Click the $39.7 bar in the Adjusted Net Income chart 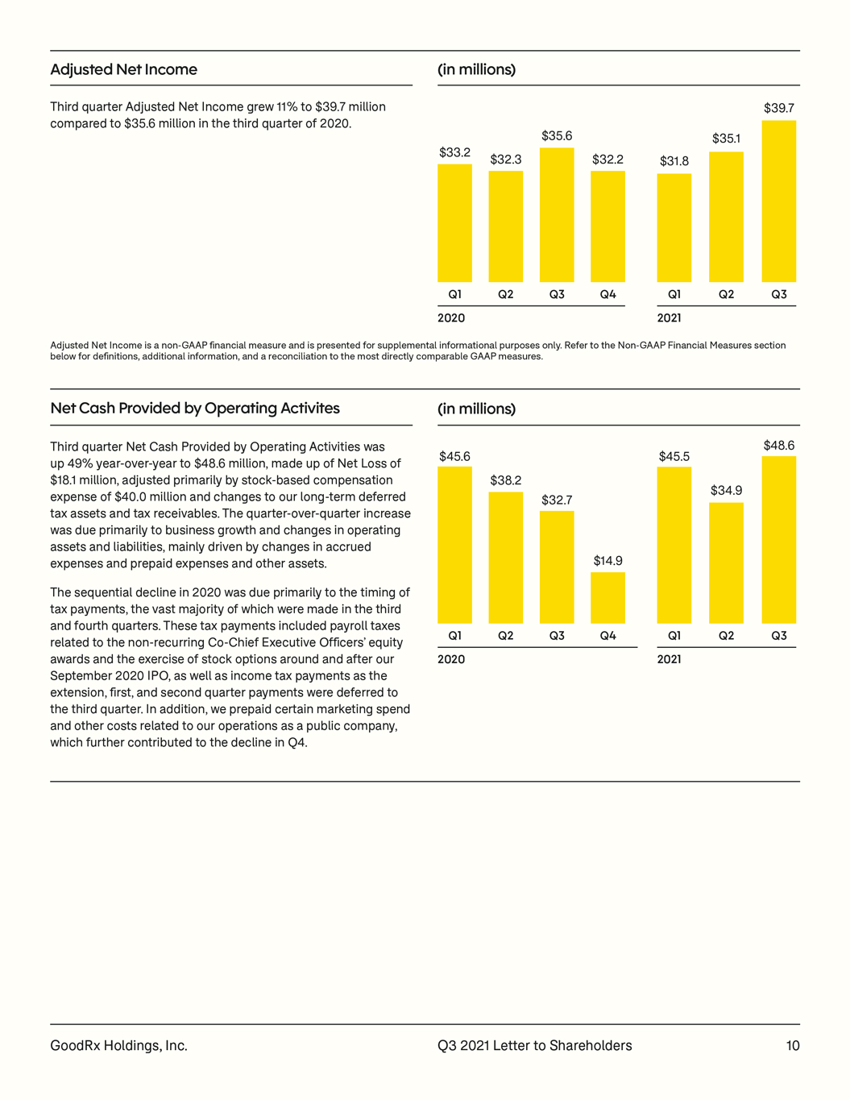pos(778,201)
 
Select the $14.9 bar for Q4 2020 pos(607,598)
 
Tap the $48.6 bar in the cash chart pos(778,540)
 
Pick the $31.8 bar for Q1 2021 pos(674,228)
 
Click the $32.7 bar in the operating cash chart pos(557,567)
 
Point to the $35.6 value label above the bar pos(557,135)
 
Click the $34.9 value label pos(726,490)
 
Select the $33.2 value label pos(454,152)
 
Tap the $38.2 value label pos(505,479)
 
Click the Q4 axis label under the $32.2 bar pos(607,294)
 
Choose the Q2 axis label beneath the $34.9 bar pos(726,635)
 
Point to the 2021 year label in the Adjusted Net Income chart pos(669,318)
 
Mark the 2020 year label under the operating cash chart pos(451,659)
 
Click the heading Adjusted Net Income pos(123,69)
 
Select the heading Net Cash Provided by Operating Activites pos(195,408)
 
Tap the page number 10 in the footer pos(793,1045)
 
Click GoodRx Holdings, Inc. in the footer pos(118,1046)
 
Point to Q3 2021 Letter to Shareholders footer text pos(535,1045)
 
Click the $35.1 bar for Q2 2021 pos(726,217)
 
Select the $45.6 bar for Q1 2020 pos(454,546)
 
